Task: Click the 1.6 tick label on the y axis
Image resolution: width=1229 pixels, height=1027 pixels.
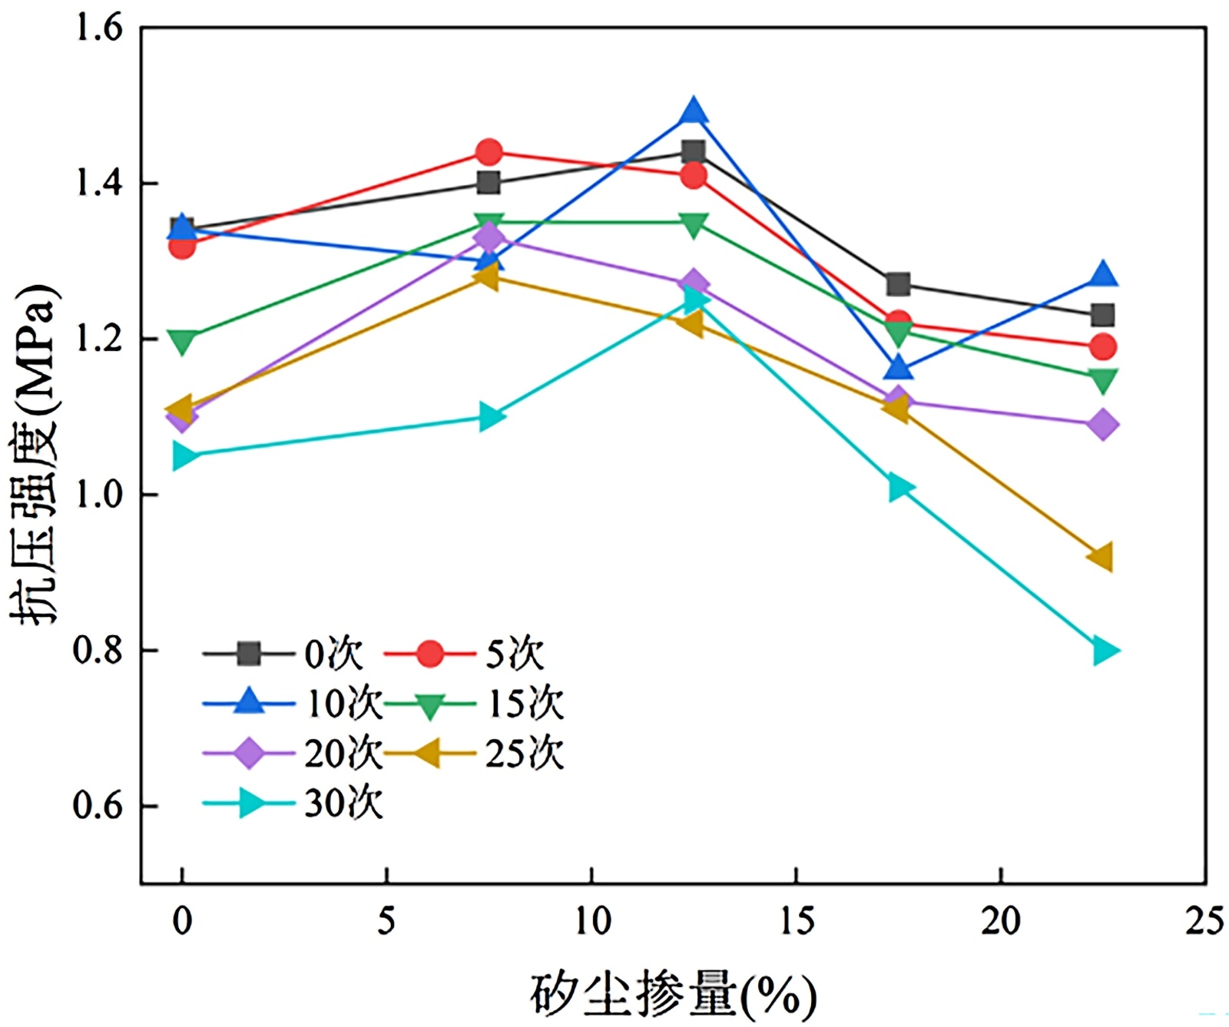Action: [98, 28]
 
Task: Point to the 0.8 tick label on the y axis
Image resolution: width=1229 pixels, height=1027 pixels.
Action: [98, 650]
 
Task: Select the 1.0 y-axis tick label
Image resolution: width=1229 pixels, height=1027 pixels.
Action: [98, 495]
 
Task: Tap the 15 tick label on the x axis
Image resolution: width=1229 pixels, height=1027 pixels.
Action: [797, 920]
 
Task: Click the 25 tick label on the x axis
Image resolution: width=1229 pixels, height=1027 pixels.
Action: [1204, 920]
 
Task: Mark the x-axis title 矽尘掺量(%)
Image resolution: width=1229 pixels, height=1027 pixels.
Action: [672, 995]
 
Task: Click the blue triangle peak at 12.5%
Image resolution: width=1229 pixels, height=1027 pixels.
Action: [694, 111]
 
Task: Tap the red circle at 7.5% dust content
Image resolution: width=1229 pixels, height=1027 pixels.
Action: [489, 152]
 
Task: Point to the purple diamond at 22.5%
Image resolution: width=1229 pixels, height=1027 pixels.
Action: [1103, 424]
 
